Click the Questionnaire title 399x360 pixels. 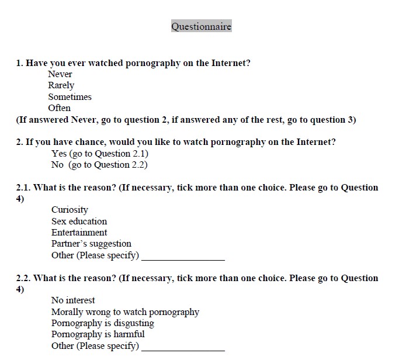201,26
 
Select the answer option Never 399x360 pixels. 60,74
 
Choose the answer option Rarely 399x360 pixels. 61,85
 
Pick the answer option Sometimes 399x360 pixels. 70,97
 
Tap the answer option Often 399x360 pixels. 60,108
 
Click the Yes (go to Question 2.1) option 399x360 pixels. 100,154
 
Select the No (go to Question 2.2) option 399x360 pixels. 99,165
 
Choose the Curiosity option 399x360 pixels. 70,210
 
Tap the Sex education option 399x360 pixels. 79,221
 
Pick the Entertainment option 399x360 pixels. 79,233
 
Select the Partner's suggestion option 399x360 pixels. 91,244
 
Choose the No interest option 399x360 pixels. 73,300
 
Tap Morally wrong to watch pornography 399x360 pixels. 125,312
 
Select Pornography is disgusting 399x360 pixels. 103,323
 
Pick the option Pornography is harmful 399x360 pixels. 98,335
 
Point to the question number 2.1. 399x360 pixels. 23,188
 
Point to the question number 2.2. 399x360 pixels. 23,278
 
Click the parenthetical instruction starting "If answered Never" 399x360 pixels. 186,120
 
